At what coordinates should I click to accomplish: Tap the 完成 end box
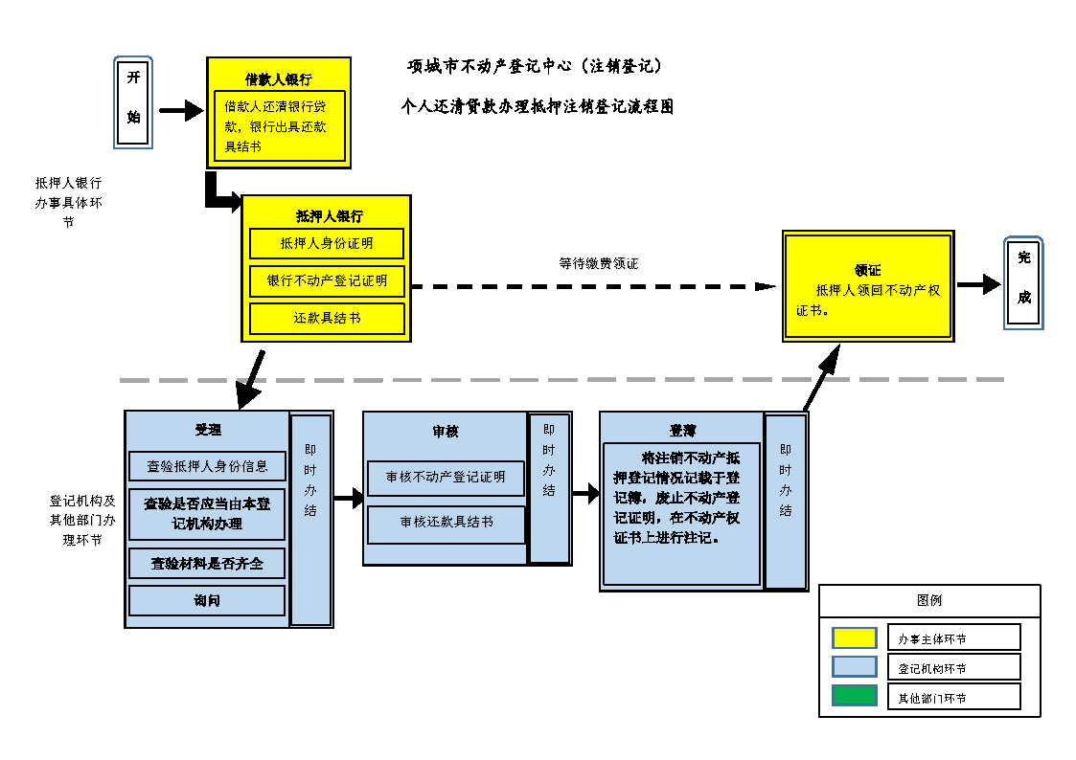coord(1023,283)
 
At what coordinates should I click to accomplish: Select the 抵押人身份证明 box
coord(326,243)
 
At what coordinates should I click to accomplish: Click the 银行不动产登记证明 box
coord(326,280)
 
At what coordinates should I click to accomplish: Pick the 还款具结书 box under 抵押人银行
coord(326,318)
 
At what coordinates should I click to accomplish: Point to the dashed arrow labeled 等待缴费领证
coord(594,286)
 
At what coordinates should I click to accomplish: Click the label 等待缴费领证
coord(599,263)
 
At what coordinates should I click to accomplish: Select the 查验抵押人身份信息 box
coord(207,466)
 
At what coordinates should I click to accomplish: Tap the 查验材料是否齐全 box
coord(207,564)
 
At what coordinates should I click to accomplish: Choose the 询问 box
coord(207,600)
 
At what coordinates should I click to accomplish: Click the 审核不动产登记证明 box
coord(446,477)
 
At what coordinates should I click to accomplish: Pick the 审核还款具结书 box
coord(446,523)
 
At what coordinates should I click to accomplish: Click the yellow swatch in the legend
coord(855,637)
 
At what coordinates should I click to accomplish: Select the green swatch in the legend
coord(855,696)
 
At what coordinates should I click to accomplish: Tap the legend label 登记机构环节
coord(931,668)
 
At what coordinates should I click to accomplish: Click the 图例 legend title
coord(928,600)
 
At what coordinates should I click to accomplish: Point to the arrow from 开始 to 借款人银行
coord(180,112)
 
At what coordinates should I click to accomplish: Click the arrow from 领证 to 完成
coord(978,284)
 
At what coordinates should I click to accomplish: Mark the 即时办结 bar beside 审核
coord(549,488)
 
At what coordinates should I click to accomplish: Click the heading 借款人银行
coord(278,79)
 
